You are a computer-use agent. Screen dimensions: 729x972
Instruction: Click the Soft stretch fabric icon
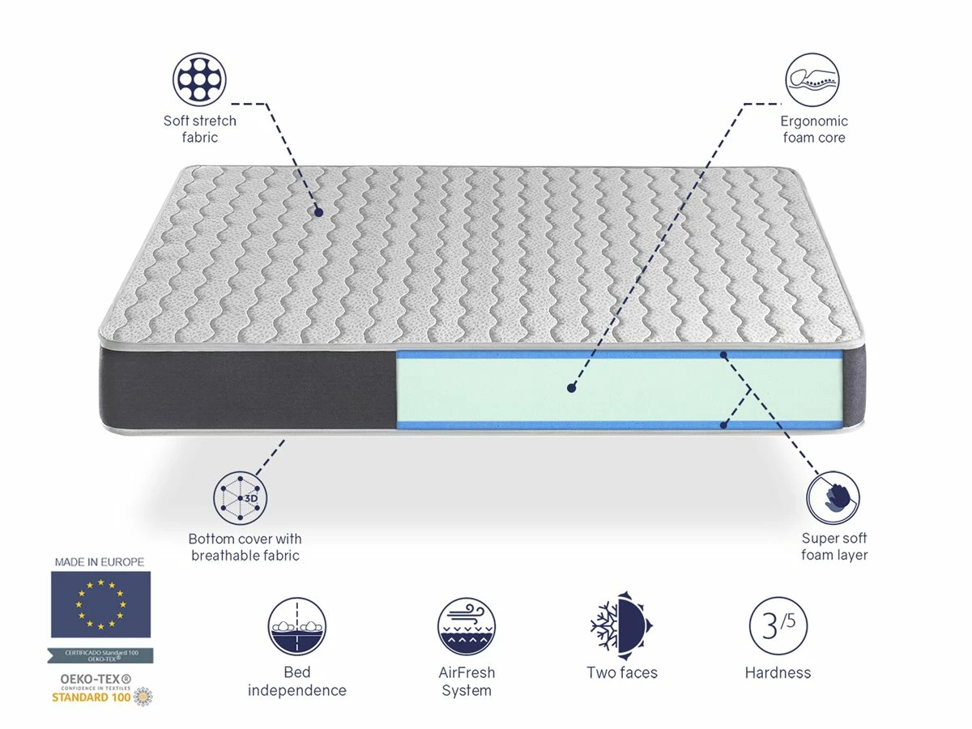[x=199, y=79]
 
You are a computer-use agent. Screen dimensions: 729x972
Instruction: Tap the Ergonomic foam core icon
[x=812, y=79]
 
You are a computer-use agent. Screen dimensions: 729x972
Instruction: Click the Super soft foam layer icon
[x=833, y=497]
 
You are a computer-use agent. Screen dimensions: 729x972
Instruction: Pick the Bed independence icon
[x=297, y=626]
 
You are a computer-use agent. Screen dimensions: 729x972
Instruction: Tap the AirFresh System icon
[x=467, y=626]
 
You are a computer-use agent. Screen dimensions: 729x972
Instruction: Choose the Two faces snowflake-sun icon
[x=622, y=626]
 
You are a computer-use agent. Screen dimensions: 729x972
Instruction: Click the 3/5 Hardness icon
[x=778, y=626]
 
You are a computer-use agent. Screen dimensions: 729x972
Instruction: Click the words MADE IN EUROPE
[x=100, y=561]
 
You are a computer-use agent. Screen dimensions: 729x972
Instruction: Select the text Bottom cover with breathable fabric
[x=245, y=547]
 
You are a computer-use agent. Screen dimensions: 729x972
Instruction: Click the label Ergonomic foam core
[x=814, y=130]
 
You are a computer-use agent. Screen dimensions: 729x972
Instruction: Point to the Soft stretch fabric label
[x=200, y=130]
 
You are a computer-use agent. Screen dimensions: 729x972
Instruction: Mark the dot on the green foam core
[x=571, y=388]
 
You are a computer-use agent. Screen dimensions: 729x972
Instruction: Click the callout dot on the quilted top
[x=318, y=212]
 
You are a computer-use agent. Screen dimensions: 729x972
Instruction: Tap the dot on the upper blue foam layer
[x=724, y=354]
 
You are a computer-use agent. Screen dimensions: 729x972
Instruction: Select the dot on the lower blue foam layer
[x=724, y=423]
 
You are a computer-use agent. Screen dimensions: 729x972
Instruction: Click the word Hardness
[x=778, y=672]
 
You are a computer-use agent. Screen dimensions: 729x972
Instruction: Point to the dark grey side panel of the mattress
[x=243, y=389]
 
